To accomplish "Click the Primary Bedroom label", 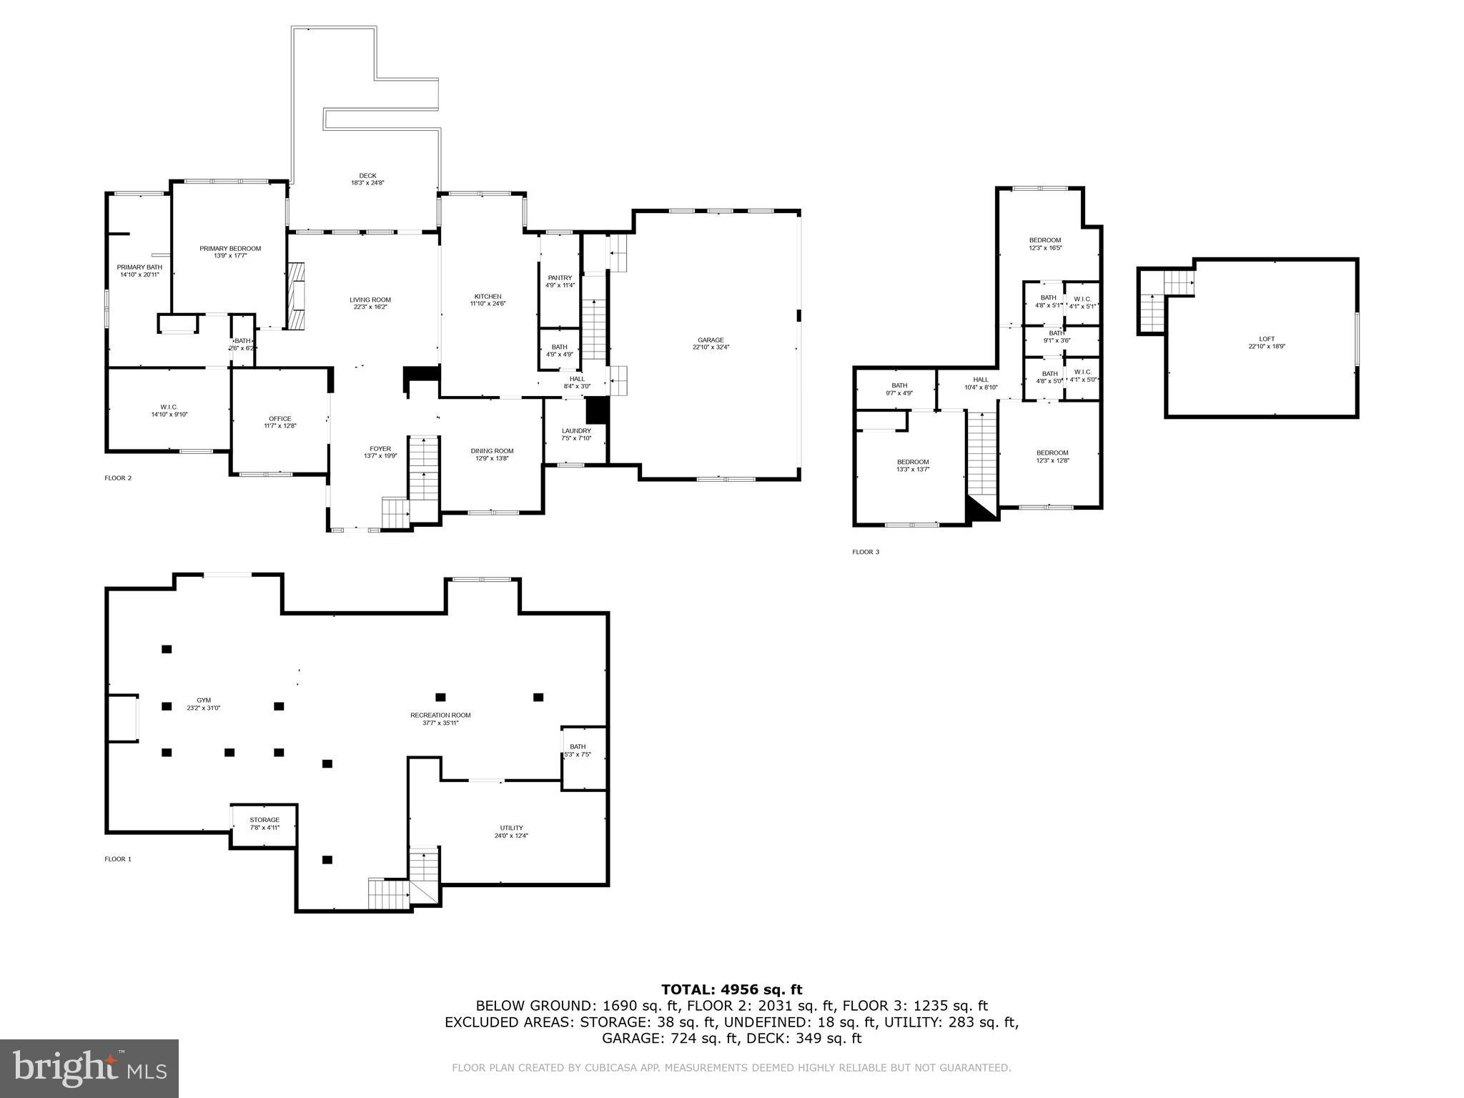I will tap(230, 249).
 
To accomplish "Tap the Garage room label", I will tap(711, 340).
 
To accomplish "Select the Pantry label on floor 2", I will tap(560, 278).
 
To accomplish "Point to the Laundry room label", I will tap(576, 431).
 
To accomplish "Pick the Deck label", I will tap(367, 176).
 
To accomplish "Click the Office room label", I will tap(280, 419).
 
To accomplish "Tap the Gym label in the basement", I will tap(204, 701).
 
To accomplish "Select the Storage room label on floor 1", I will tap(264, 820).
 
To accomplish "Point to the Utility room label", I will tap(511, 828).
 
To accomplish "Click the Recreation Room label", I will tap(440, 715).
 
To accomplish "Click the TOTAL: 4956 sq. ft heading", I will tap(731, 989).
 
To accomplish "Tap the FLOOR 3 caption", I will tap(866, 552).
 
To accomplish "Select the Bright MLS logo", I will tap(89, 1068).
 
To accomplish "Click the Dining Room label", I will tap(492, 451).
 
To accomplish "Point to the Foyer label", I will tap(380, 449).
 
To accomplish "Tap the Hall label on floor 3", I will tap(981, 380).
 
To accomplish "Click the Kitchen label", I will tap(488, 297).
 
